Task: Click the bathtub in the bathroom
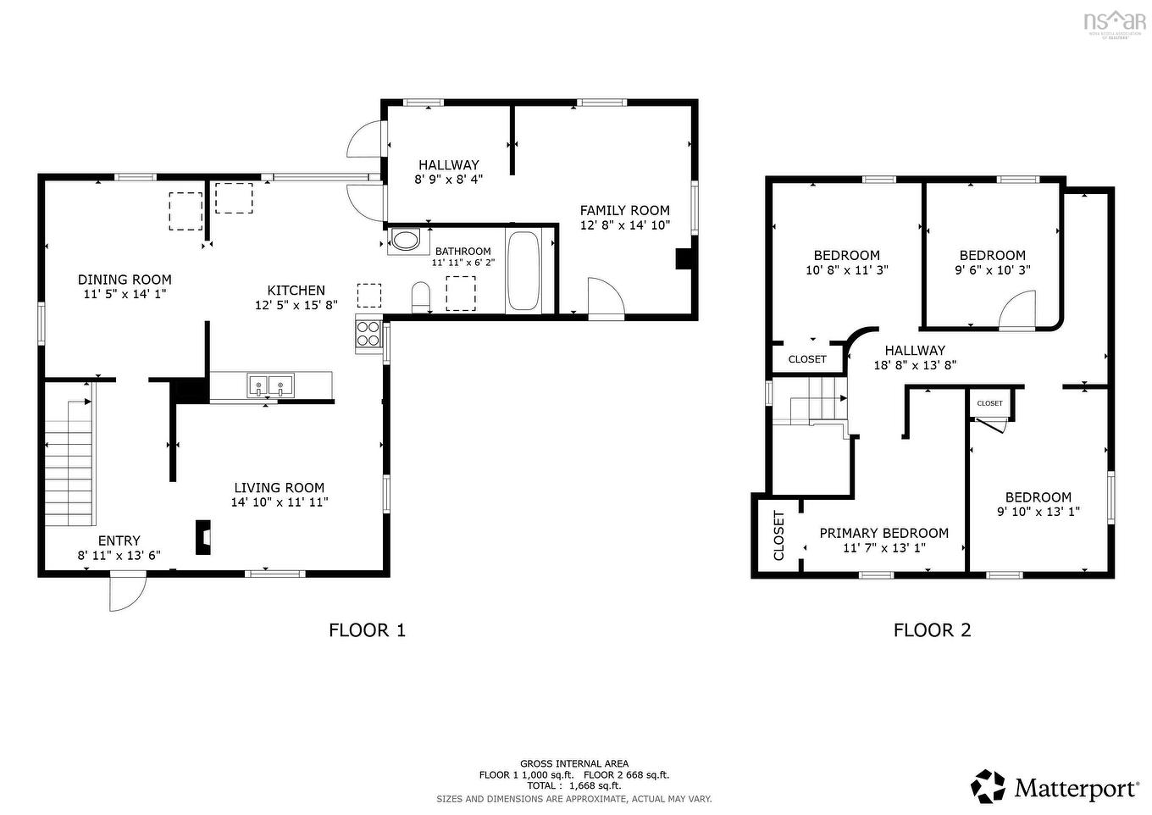[x=523, y=271]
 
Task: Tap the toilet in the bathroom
[x=421, y=297]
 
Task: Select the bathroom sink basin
[x=407, y=241]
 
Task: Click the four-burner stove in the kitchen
[x=368, y=334]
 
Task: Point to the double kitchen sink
[x=270, y=385]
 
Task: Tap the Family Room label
[x=624, y=210]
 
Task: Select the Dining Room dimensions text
[x=125, y=294]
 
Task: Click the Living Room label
[x=279, y=487]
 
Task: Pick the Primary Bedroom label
[x=883, y=533]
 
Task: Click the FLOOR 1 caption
[x=367, y=629]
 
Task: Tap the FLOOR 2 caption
[x=932, y=629]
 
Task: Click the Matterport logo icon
[x=988, y=786]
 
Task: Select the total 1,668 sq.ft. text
[x=574, y=785]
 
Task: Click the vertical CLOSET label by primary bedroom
[x=778, y=535]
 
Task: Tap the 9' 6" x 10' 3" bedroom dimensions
[x=992, y=270]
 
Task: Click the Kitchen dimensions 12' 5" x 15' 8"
[x=296, y=305]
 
